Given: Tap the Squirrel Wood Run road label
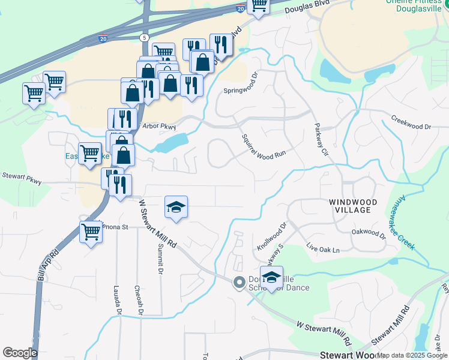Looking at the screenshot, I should click(x=262, y=147).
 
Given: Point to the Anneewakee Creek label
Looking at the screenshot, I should click(x=414, y=223).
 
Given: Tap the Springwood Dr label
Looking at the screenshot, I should click(x=240, y=91).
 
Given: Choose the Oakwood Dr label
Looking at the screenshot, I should click(x=367, y=231).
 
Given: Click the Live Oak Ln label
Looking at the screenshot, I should click(x=322, y=247).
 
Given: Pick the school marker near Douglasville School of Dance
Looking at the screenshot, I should click(x=271, y=278).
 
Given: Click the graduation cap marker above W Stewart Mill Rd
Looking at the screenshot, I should click(x=176, y=208).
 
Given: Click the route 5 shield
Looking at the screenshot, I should click(x=144, y=38).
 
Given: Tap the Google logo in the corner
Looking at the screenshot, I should click(x=19, y=353).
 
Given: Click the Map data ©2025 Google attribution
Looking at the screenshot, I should click(x=412, y=356).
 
